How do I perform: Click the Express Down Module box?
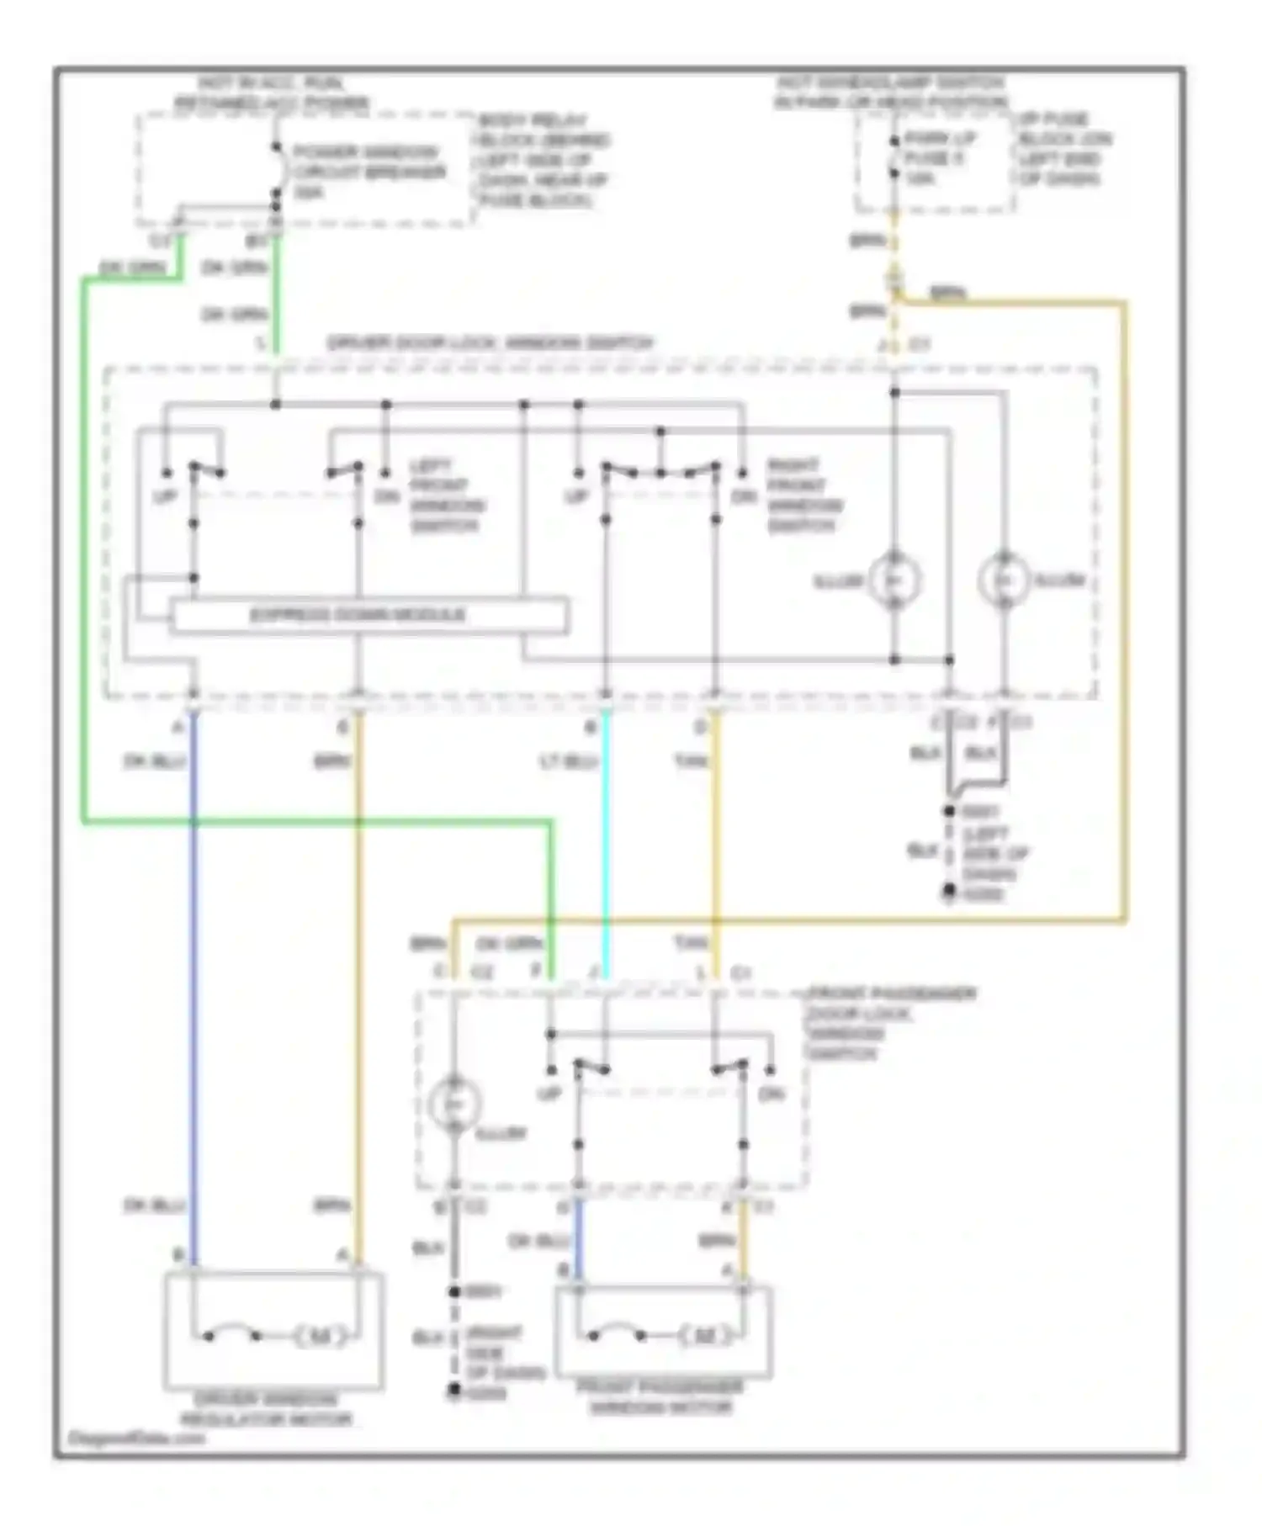tap(369, 615)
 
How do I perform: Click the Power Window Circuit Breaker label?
tap(368, 172)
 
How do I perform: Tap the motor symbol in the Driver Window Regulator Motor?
tap(321, 1336)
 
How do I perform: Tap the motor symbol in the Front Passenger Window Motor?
tap(705, 1335)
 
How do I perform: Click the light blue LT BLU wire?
tap(605, 841)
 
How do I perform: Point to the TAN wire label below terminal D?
tap(691, 761)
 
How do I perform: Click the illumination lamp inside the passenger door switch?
tap(454, 1103)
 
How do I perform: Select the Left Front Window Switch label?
tap(447, 495)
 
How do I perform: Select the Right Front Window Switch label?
tap(803, 495)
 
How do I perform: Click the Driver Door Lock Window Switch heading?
tap(490, 343)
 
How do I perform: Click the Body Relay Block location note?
tap(544, 160)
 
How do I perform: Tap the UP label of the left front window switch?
tap(165, 496)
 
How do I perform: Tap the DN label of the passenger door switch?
tap(771, 1094)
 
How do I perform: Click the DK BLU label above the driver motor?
tap(153, 1205)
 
